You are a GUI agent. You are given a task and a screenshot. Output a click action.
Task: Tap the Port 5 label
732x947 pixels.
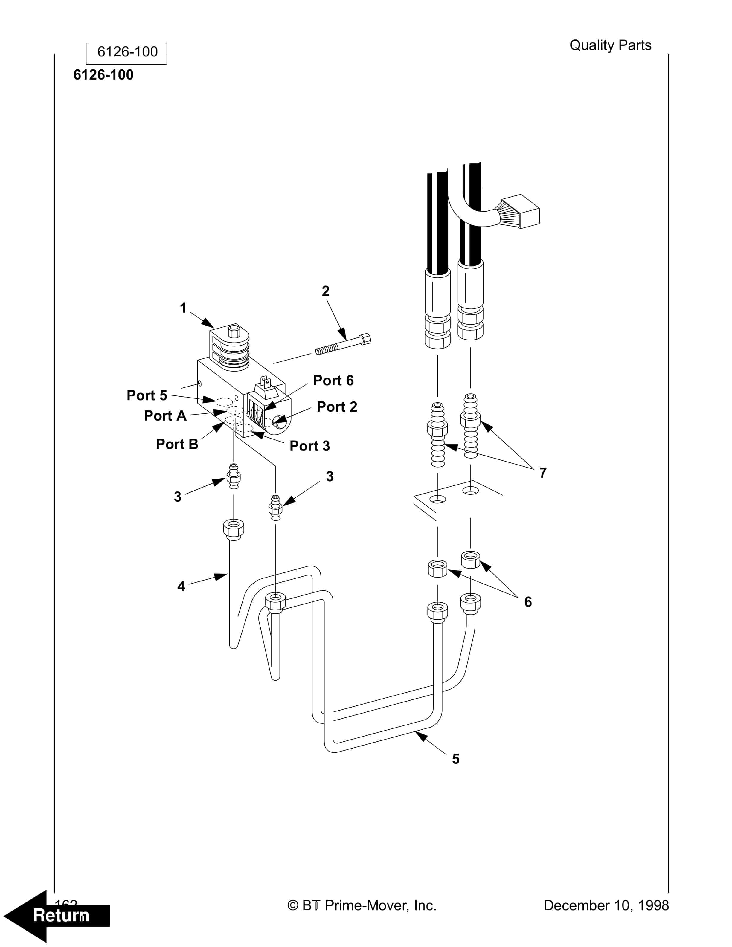(147, 395)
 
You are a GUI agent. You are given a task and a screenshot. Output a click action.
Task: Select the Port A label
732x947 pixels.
(165, 416)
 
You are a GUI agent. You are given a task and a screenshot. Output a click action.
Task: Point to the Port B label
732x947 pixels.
(177, 444)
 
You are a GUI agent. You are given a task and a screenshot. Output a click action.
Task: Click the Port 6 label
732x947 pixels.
(333, 381)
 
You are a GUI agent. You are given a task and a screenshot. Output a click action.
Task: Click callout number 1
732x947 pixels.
(183, 308)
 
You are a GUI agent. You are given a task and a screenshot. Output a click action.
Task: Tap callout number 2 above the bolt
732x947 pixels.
(325, 291)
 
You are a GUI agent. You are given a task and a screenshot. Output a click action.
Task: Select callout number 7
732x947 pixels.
(542, 473)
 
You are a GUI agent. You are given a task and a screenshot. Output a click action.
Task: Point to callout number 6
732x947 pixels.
(528, 602)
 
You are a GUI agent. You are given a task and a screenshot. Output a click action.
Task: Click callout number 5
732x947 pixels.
(455, 759)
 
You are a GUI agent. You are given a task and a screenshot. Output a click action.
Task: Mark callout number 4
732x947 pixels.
(181, 586)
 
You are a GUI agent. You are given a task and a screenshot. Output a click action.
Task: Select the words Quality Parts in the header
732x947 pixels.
(610, 45)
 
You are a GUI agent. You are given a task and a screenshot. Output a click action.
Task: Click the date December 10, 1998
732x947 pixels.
(606, 905)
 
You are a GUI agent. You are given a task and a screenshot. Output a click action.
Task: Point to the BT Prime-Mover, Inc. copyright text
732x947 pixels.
(362, 905)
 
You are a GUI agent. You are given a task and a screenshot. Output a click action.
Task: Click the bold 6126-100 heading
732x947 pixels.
(103, 75)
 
